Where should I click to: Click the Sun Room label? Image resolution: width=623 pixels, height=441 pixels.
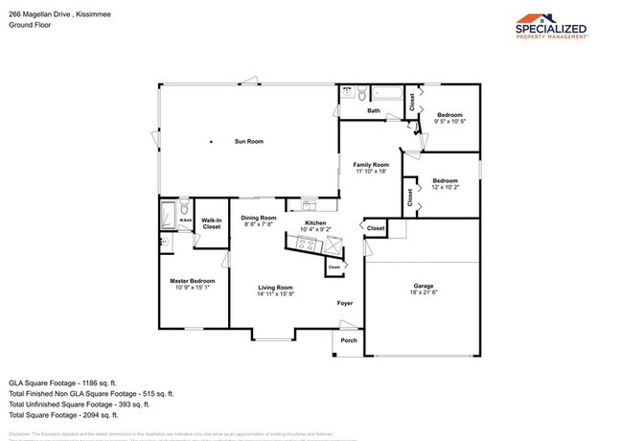pyautogui.click(x=249, y=142)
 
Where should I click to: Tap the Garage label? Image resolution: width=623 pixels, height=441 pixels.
pyautogui.click(x=424, y=287)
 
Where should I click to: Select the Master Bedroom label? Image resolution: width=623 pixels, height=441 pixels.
pyautogui.click(x=193, y=281)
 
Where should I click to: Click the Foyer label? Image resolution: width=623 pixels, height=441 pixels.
pyautogui.click(x=345, y=304)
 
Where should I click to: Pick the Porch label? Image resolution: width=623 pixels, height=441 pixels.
pyautogui.click(x=349, y=341)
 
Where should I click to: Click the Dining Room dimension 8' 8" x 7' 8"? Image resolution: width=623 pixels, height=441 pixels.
pyautogui.click(x=259, y=224)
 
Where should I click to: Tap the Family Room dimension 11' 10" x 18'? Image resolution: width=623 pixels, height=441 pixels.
pyautogui.click(x=371, y=171)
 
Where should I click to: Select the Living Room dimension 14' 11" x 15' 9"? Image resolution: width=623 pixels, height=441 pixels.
pyautogui.click(x=275, y=294)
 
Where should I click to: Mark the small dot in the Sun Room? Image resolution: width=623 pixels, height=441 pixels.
pyautogui.click(x=212, y=142)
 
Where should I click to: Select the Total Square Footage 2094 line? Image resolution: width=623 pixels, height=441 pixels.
pyautogui.click(x=63, y=415)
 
